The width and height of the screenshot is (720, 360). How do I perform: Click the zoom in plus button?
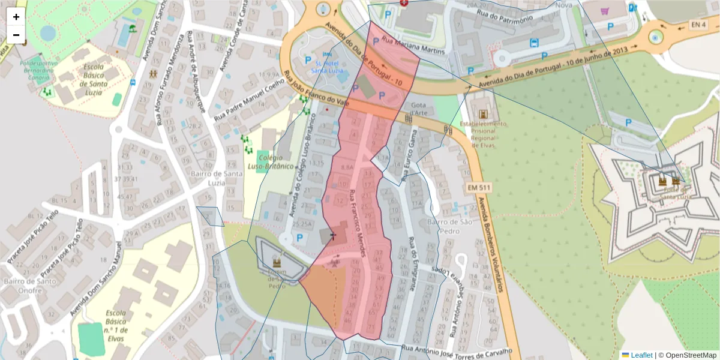click(x=16, y=17)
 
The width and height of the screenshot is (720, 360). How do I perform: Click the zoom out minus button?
click(x=16, y=35)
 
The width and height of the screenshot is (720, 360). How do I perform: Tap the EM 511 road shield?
click(x=479, y=188)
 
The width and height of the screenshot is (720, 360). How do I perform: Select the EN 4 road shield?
click(x=698, y=25)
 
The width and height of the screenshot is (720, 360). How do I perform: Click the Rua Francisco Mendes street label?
click(x=359, y=223)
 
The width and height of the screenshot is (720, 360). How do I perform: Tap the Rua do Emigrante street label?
click(x=412, y=264)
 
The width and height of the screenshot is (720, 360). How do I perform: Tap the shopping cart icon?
click(x=604, y=10)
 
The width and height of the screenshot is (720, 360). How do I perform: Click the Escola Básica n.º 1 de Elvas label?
click(x=116, y=325)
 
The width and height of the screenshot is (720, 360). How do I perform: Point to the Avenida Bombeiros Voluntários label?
click(x=490, y=247)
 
